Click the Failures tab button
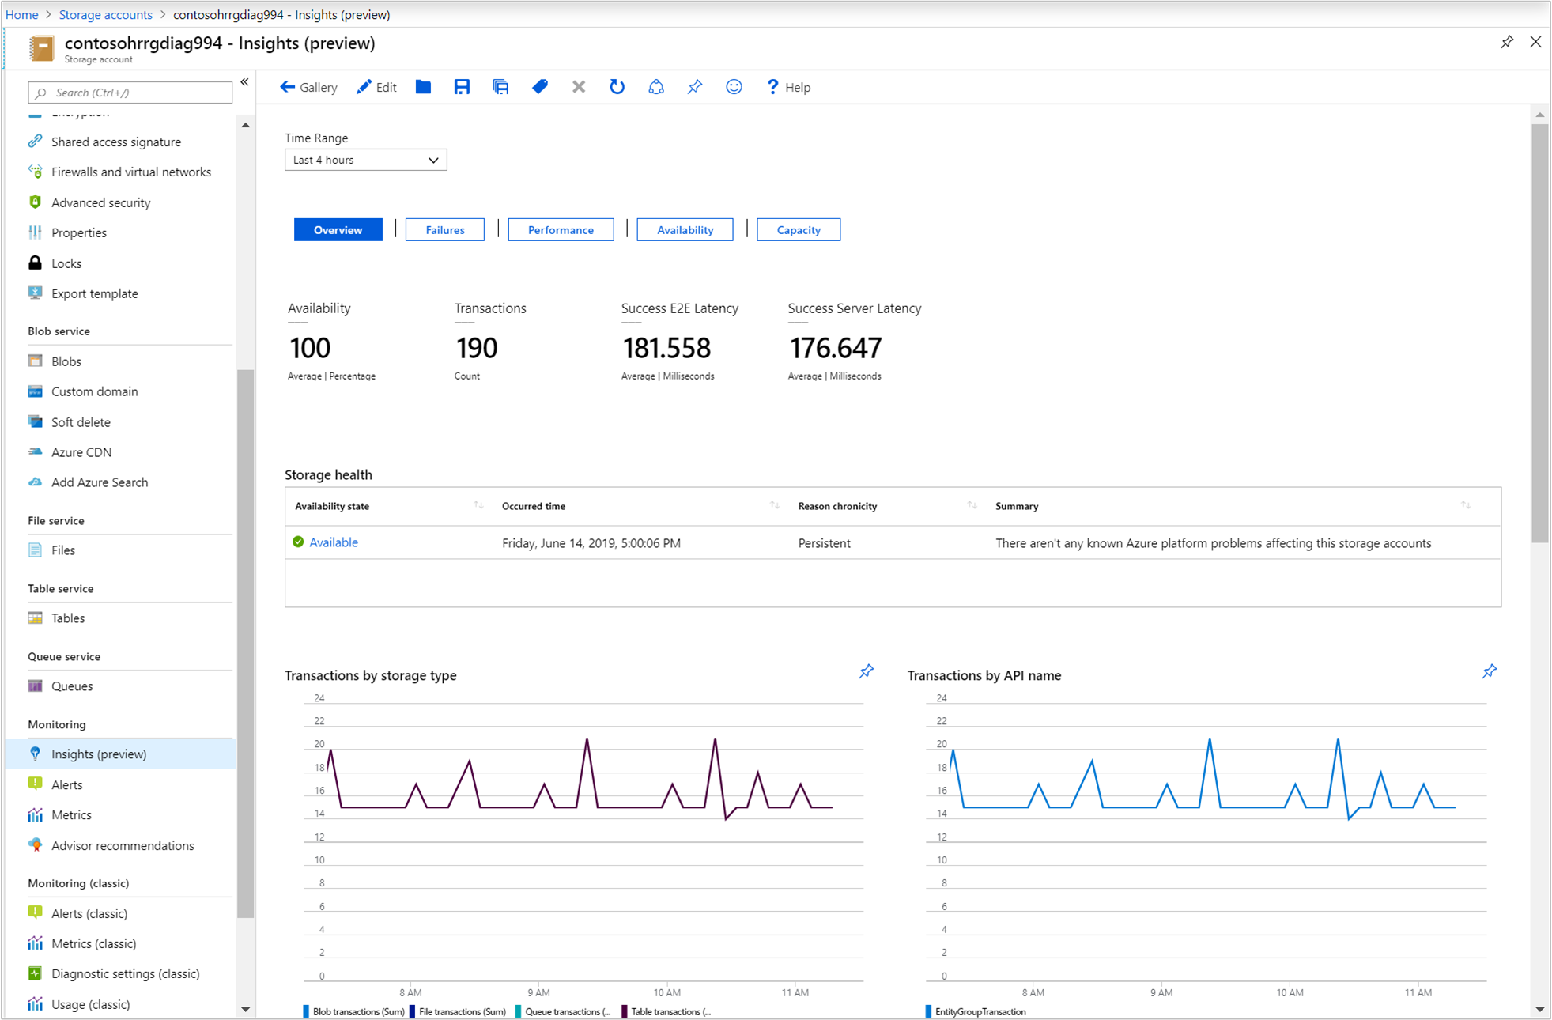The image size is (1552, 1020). (x=444, y=230)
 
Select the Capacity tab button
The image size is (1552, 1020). (x=798, y=230)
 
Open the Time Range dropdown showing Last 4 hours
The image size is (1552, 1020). (x=365, y=160)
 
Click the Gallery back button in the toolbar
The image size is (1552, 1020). (x=308, y=88)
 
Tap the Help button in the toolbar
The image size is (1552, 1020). (x=788, y=88)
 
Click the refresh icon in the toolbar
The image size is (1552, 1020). (x=617, y=88)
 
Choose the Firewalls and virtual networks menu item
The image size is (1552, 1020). (x=130, y=172)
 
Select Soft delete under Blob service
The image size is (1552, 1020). (x=81, y=422)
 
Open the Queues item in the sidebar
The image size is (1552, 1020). (x=72, y=686)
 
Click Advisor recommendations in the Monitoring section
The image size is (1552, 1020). (x=123, y=846)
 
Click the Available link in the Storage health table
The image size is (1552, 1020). (x=333, y=542)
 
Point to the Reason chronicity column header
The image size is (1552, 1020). (x=837, y=506)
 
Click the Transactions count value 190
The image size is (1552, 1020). (x=476, y=348)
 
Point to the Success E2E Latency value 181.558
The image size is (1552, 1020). (x=666, y=348)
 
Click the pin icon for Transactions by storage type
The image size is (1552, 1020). (x=867, y=672)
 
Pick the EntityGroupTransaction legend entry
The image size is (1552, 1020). (x=980, y=1012)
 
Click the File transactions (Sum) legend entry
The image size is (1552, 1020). (x=462, y=1012)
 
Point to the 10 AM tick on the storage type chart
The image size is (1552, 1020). (x=666, y=992)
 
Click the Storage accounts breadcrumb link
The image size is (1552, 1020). (x=105, y=14)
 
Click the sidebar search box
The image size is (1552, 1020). (x=130, y=93)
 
